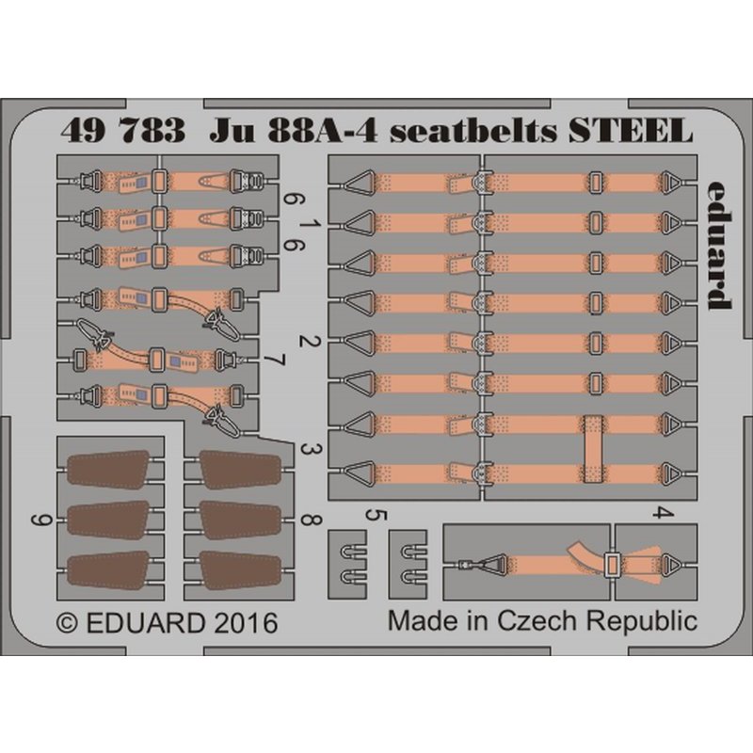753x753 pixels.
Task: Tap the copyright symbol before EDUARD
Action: tap(66, 624)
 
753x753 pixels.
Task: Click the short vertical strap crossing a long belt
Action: tap(593, 448)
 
